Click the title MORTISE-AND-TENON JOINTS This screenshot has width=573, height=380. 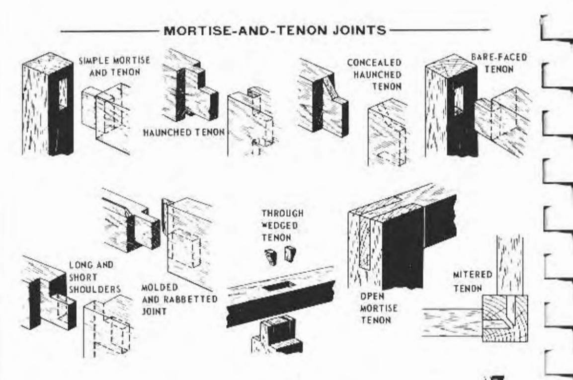click(275, 30)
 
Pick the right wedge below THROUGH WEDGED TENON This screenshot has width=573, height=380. click(289, 254)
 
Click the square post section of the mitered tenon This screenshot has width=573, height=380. click(504, 318)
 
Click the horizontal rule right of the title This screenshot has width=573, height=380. click(440, 31)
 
